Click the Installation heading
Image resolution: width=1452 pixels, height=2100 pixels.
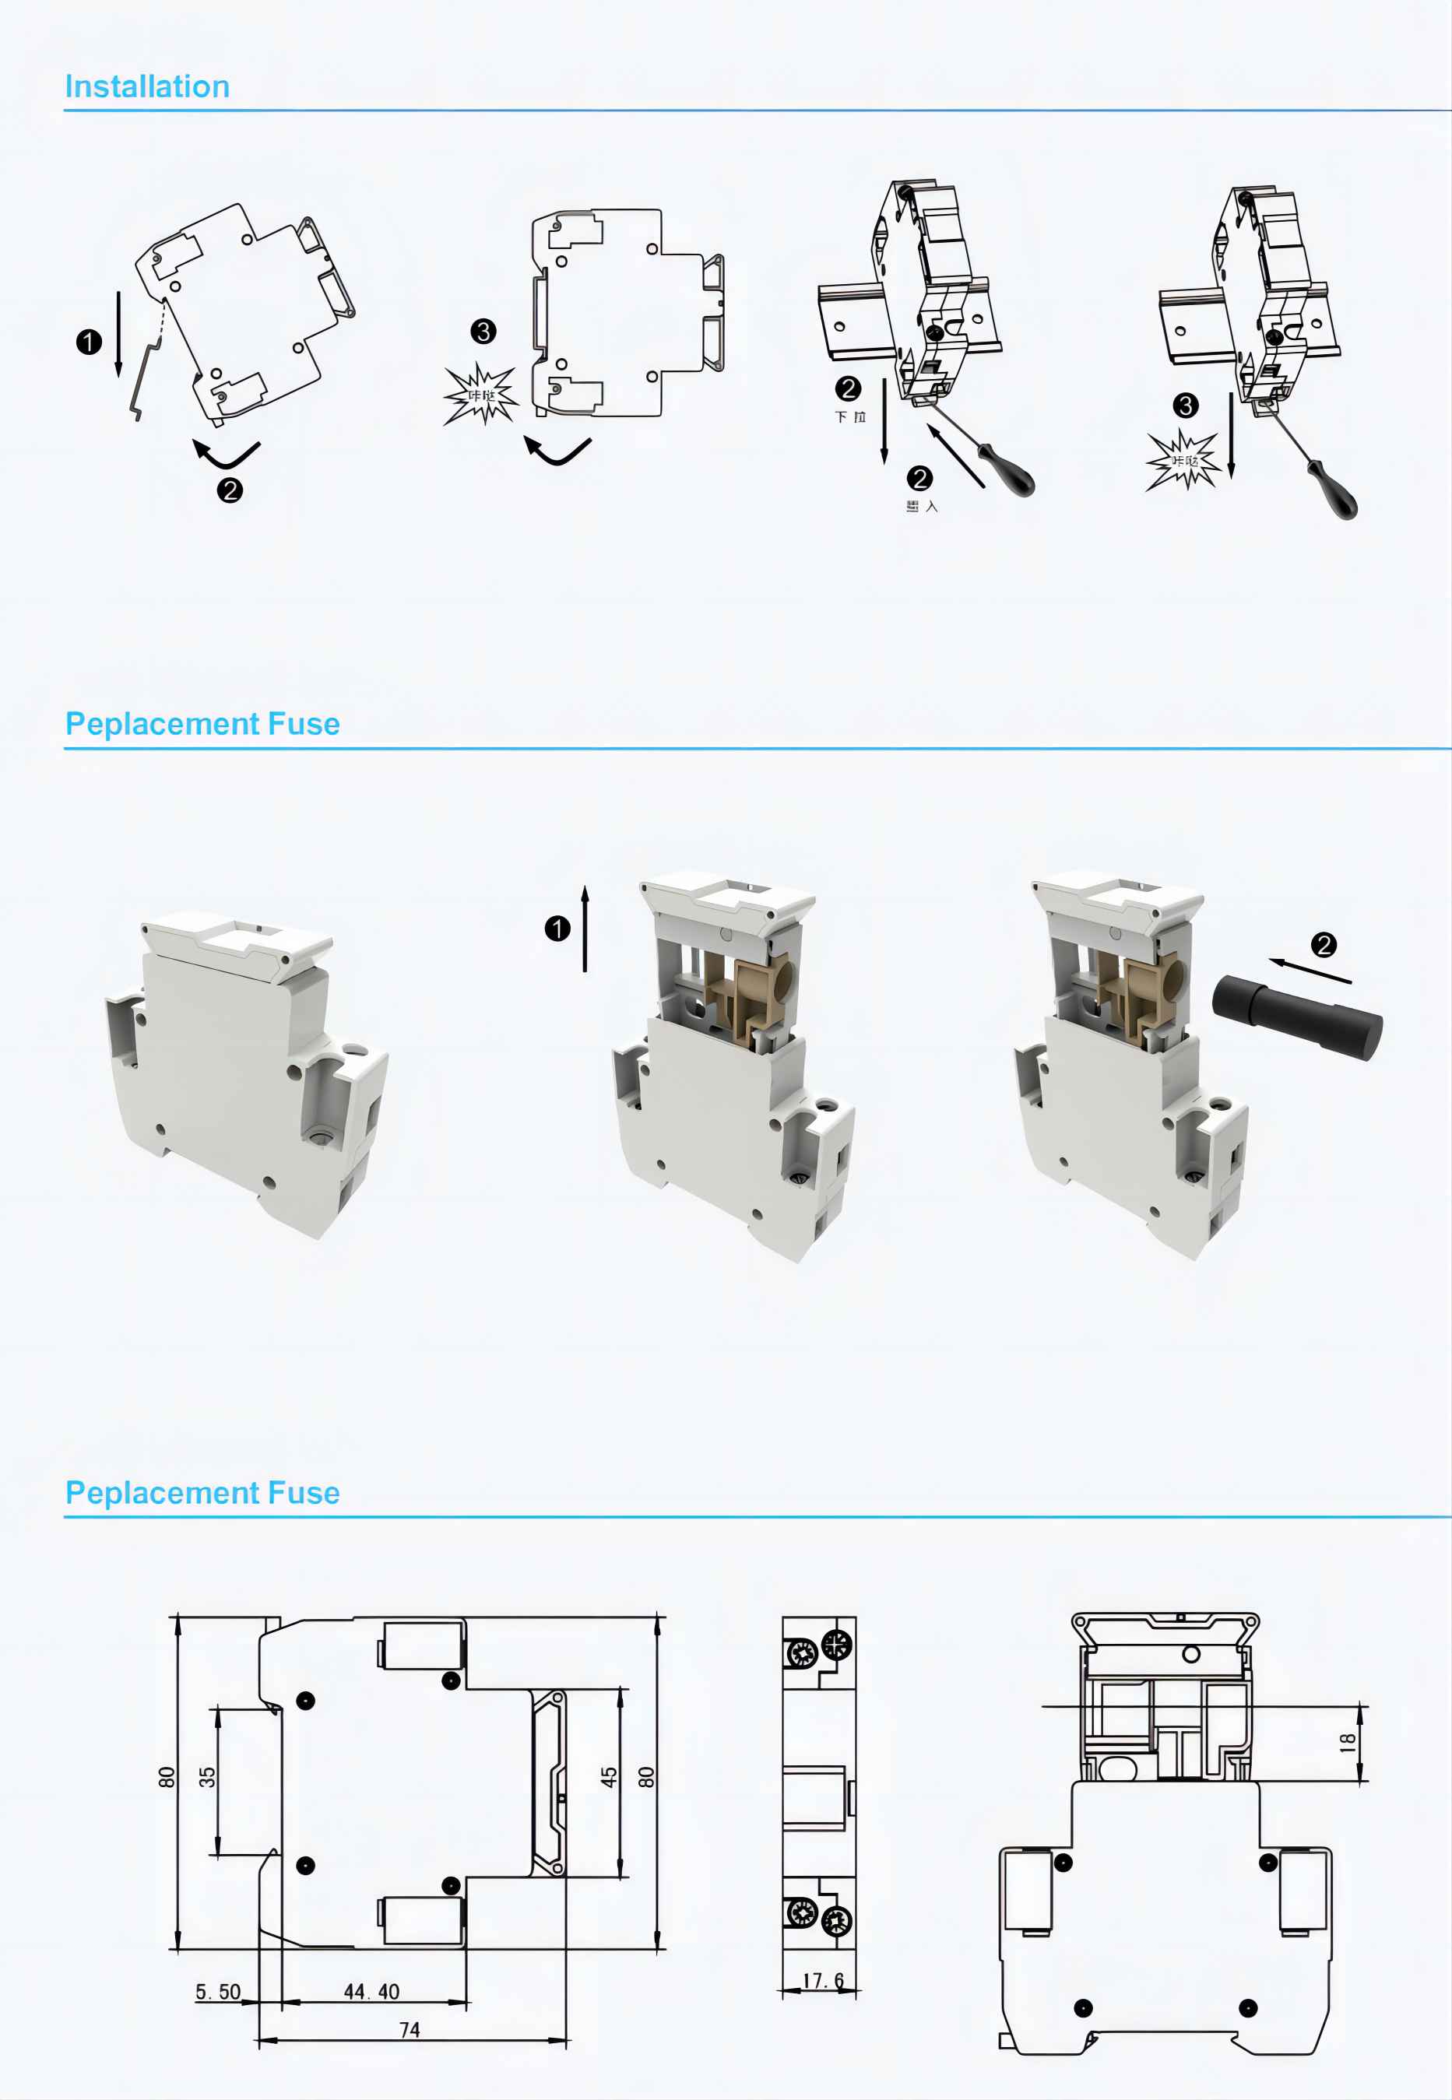pyautogui.click(x=146, y=86)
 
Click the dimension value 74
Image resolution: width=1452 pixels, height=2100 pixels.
pyautogui.click(x=410, y=2029)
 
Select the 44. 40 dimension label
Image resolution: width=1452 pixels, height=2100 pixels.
pyautogui.click(x=371, y=1991)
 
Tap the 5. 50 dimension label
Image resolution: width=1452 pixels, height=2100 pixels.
pyautogui.click(x=218, y=1991)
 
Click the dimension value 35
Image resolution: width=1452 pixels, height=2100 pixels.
pyautogui.click(x=207, y=1776)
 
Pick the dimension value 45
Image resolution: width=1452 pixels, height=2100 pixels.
pyautogui.click(x=609, y=1776)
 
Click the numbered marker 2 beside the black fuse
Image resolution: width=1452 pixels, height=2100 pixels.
pyautogui.click(x=1324, y=945)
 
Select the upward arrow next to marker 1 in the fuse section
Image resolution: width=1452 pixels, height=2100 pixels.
pyautogui.click(x=585, y=929)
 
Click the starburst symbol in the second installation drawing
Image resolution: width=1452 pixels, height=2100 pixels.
pyautogui.click(x=480, y=395)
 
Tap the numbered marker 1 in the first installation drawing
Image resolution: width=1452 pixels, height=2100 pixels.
pyautogui.click(x=88, y=342)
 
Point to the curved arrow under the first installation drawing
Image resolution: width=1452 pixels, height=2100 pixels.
pyautogui.click(x=226, y=453)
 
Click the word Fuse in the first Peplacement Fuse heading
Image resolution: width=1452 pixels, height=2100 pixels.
pyautogui.click(x=303, y=724)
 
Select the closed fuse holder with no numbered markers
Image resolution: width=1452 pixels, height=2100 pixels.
pyautogui.click(x=246, y=1073)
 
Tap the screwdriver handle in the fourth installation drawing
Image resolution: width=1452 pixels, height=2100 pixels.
pyautogui.click(x=1335, y=493)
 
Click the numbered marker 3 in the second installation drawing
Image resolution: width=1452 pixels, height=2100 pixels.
pyautogui.click(x=483, y=331)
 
